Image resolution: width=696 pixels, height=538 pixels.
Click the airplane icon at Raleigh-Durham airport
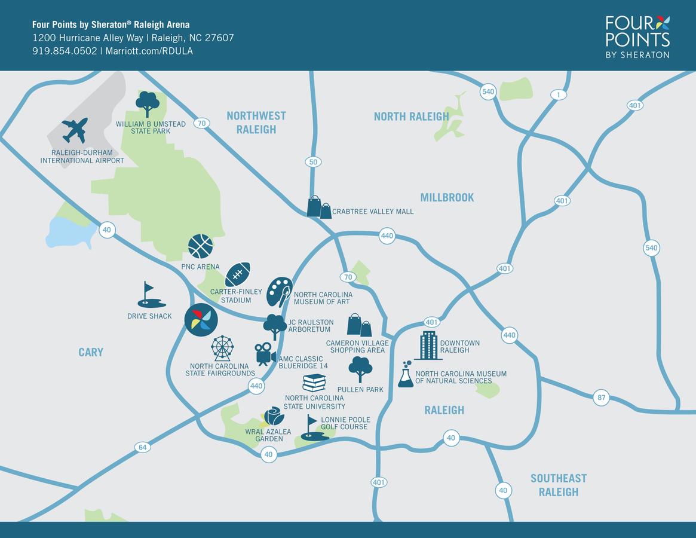[75, 130]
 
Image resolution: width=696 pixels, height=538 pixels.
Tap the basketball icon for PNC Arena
[200, 246]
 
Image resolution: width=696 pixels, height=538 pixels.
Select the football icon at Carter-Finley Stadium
[237, 274]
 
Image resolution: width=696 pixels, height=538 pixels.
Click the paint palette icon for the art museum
[279, 292]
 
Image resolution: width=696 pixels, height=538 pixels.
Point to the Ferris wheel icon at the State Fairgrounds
[222, 348]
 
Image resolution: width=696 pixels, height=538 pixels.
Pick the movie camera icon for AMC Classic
[264, 353]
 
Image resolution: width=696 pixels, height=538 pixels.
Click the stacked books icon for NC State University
[314, 383]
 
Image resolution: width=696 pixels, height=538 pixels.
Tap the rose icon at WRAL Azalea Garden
[274, 417]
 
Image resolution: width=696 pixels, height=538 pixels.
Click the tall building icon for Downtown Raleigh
[428, 346]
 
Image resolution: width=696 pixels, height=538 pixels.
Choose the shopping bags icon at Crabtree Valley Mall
[319, 207]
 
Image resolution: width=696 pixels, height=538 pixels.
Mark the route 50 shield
[312, 161]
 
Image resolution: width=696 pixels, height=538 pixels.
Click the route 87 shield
[601, 398]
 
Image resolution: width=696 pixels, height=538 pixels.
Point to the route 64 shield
[142, 447]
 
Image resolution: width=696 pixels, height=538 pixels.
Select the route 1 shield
[559, 95]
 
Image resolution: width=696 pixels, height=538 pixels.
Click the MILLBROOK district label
[447, 197]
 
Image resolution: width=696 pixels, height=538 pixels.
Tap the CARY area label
[91, 352]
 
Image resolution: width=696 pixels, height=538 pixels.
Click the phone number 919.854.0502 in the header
[65, 51]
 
